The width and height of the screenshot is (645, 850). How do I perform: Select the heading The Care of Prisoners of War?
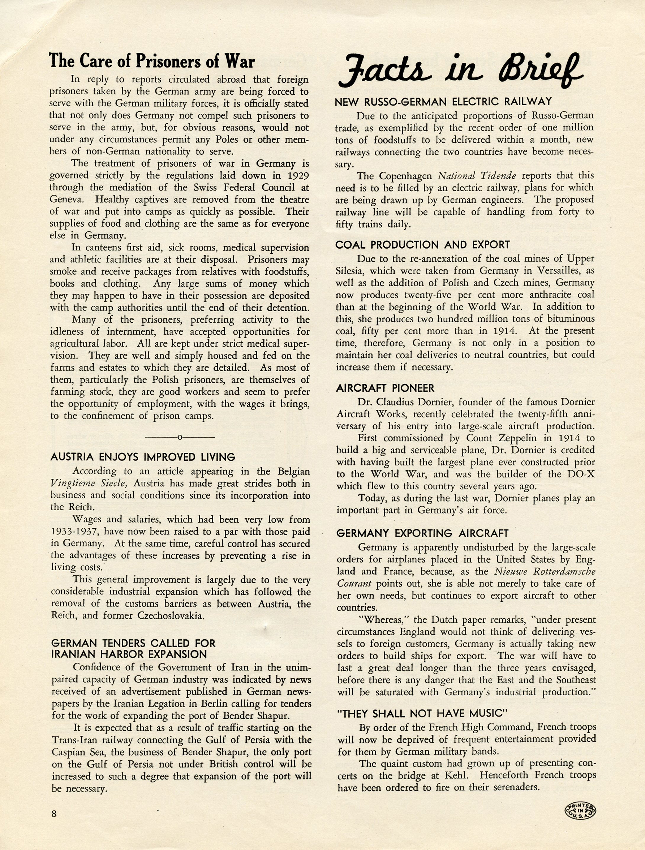click(152, 61)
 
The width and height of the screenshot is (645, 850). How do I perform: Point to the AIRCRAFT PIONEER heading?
click(385, 388)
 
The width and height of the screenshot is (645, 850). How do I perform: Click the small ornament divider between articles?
click(180, 437)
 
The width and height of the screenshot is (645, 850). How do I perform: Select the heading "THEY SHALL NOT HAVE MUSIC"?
click(422, 714)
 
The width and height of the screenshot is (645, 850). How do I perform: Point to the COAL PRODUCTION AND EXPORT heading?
click(422, 245)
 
